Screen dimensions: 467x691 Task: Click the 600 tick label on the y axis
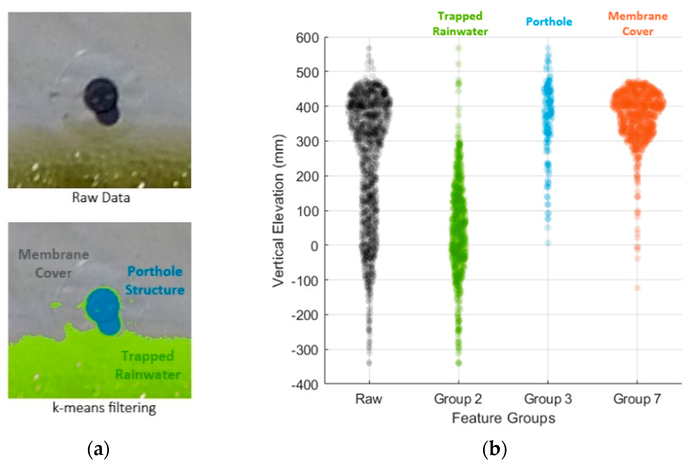[307, 38]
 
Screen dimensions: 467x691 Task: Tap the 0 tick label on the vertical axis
[314, 246]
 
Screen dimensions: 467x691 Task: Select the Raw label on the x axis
[369, 399]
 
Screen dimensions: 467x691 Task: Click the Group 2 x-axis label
[458, 399]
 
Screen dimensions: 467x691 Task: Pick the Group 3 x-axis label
[548, 399]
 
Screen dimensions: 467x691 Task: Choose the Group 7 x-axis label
[637, 399]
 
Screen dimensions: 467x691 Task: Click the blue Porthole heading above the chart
[549, 22]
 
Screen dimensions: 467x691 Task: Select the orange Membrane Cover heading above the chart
[638, 23]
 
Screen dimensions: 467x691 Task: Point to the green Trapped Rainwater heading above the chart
[460, 23]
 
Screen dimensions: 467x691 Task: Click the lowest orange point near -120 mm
[637, 288]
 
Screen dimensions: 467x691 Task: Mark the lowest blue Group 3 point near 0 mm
[548, 243]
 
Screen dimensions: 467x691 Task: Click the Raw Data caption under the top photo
[101, 198]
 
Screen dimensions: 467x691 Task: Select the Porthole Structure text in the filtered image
[155, 281]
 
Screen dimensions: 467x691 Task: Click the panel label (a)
[98, 449]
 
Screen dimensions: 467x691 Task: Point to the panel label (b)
[494, 449]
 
